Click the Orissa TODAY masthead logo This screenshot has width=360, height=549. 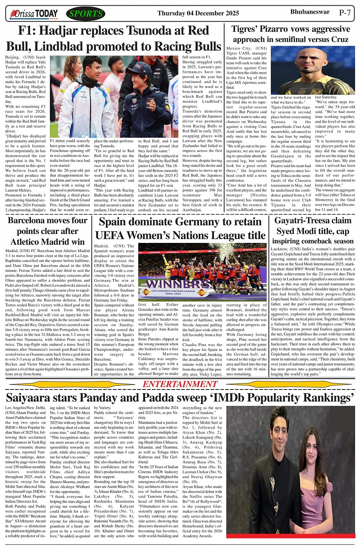tap(34, 14)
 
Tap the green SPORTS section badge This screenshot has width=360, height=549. tap(86, 14)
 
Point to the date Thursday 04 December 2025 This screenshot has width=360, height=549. tap(198, 13)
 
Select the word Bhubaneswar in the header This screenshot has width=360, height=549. tap(310, 12)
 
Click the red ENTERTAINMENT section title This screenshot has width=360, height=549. tap(180, 384)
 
